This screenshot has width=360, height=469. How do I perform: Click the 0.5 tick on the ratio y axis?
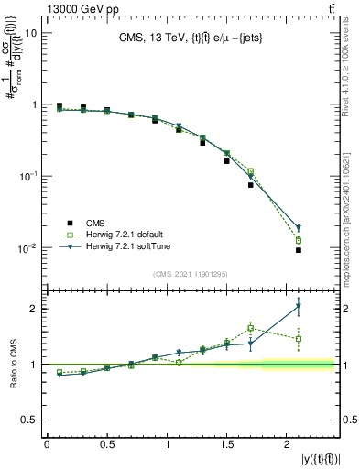point(29,420)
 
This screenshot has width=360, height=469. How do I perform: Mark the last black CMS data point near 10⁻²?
point(299,250)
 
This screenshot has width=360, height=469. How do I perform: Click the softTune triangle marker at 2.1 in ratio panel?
point(299,306)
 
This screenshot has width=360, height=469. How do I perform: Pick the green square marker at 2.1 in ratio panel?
point(299,339)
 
